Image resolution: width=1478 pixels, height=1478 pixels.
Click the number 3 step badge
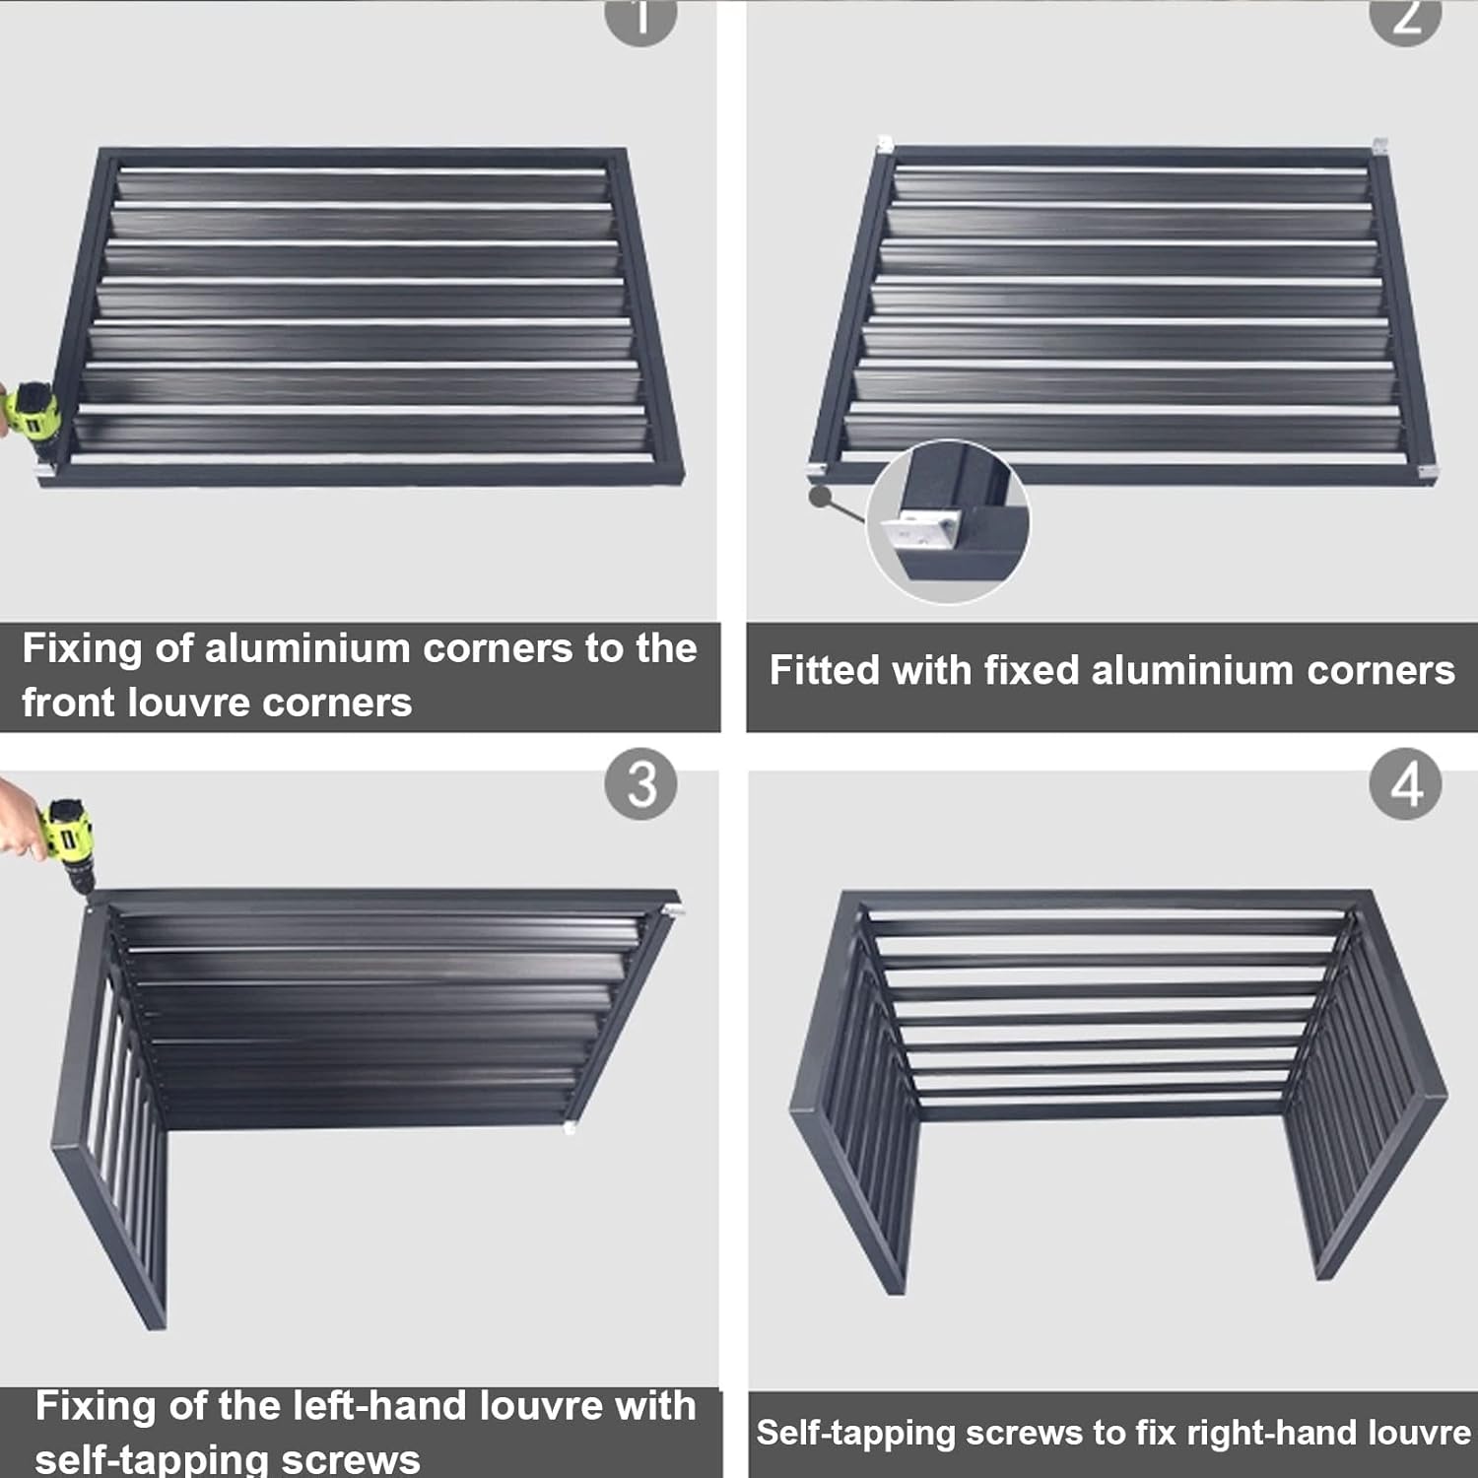pyautogui.click(x=640, y=784)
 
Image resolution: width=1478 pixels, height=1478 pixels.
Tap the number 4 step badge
pyautogui.click(x=1405, y=784)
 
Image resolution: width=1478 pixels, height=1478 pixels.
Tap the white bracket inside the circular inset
pyautogui.click(x=922, y=532)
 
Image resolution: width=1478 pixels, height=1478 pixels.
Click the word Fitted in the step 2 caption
pyautogui.click(x=824, y=670)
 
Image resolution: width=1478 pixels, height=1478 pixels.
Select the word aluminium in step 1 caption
pyautogui.click(x=306, y=648)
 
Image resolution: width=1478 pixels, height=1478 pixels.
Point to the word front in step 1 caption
pyautogui.click(x=68, y=703)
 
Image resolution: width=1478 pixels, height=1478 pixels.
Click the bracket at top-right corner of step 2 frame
pyautogui.click(x=1379, y=146)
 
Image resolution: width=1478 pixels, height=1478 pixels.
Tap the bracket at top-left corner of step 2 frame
pyautogui.click(x=885, y=145)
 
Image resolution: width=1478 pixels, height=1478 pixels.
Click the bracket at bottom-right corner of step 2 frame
pyautogui.click(x=1427, y=473)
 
